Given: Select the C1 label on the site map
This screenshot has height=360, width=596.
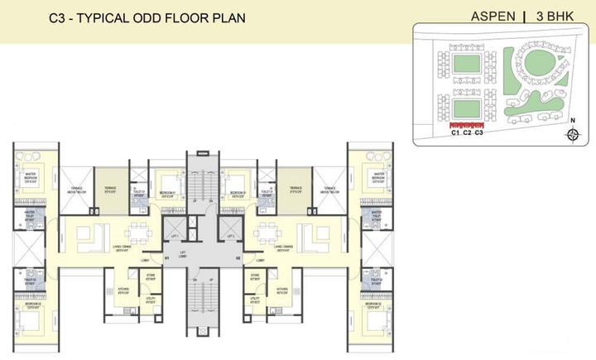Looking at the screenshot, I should coord(454,132).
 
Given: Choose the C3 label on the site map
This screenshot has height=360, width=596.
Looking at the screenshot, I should coord(478,132).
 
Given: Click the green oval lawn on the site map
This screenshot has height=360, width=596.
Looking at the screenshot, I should coord(536,63).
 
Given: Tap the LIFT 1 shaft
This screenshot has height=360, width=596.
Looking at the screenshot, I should coord(175,235).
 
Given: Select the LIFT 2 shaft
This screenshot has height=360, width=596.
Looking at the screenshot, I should coord(230,235).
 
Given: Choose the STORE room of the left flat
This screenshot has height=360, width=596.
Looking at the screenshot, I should coord(151,277).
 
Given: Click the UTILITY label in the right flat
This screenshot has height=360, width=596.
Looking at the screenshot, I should coord(255,302).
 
